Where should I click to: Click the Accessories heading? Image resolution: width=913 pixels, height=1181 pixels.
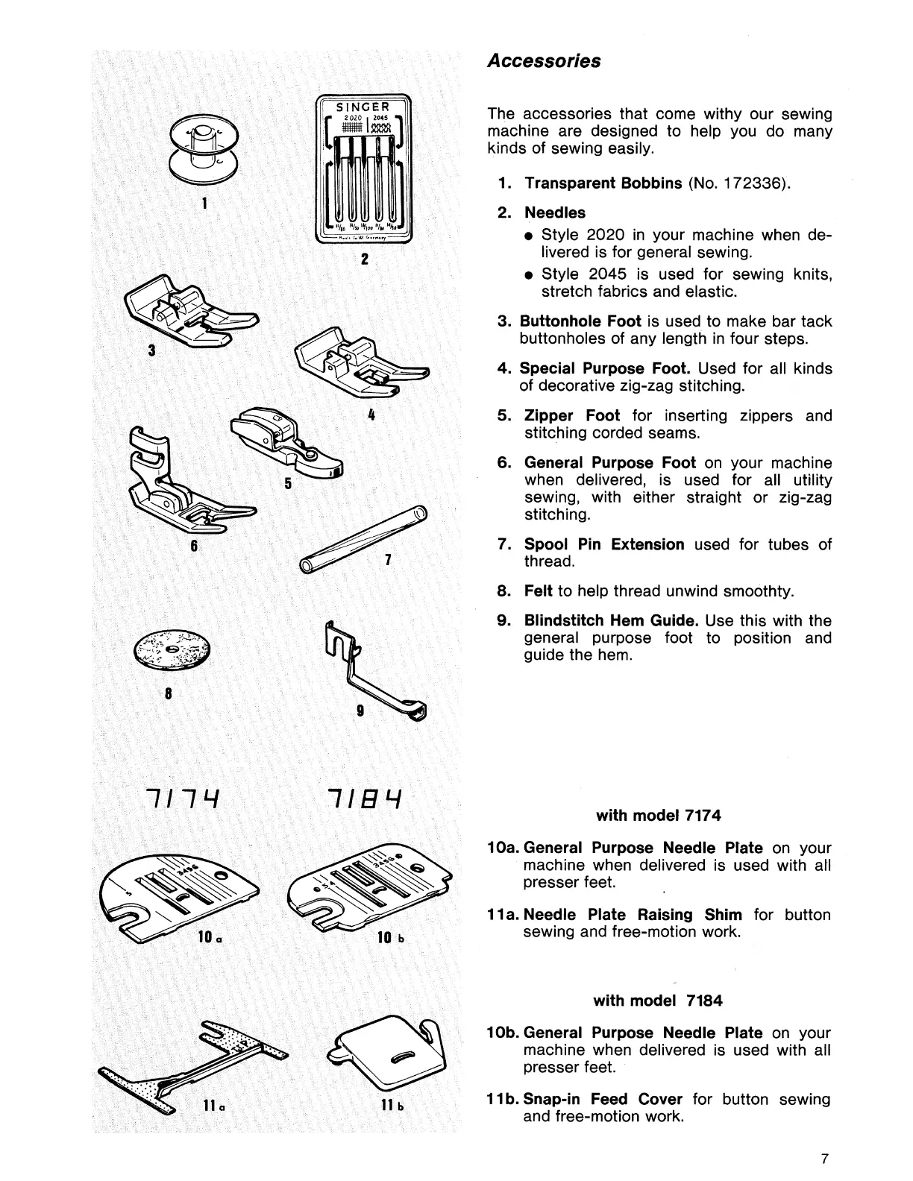(544, 61)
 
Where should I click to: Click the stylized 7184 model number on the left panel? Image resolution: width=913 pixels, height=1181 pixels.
(369, 804)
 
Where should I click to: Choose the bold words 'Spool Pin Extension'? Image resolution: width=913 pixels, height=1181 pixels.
(604, 544)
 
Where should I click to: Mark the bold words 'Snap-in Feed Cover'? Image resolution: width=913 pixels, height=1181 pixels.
(603, 1099)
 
